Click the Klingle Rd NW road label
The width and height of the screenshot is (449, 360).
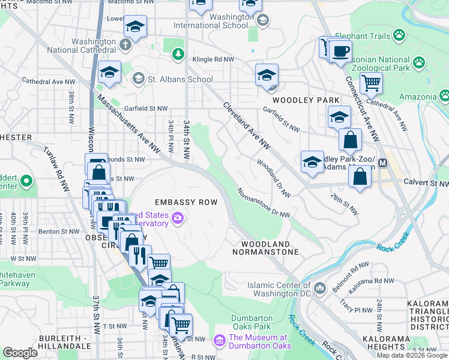pyautogui.click(x=213, y=59)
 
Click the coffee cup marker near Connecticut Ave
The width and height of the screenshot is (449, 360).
pyautogui.click(x=340, y=51)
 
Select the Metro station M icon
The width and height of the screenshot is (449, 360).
pyautogui.click(x=382, y=163)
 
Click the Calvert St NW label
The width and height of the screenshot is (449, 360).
pyautogui.click(x=425, y=182)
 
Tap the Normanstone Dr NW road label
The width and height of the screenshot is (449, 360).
pyautogui.click(x=264, y=204)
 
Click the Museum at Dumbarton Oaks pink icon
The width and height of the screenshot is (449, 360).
pyautogui.click(x=219, y=341)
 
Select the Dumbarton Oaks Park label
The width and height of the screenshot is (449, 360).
pyautogui.click(x=252, y=322)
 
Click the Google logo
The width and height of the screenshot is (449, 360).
pyautogui.click(x=20, y=353)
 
